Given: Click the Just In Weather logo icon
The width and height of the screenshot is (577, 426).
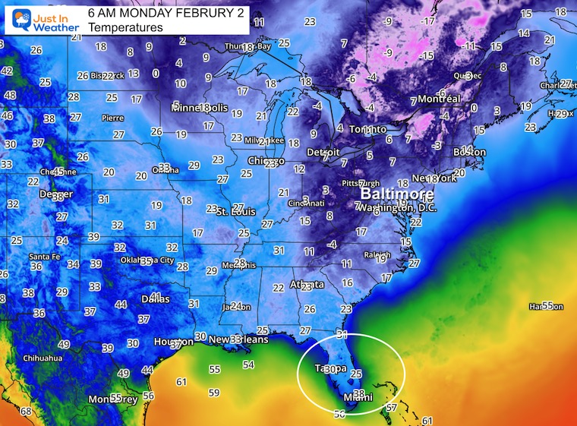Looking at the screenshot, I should [17, 19].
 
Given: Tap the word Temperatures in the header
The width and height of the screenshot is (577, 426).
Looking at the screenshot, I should [125, 28].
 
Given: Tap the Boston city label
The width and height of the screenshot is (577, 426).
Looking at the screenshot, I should [469, 153].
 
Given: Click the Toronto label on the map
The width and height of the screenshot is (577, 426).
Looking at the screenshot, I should [367, 130].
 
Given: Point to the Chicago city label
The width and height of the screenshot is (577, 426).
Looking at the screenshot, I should [266, 161].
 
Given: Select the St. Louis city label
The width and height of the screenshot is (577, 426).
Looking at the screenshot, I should [234, 210].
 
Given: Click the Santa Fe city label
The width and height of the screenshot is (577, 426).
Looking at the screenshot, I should [47, 257].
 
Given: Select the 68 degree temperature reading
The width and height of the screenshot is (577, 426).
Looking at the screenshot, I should [26, 412].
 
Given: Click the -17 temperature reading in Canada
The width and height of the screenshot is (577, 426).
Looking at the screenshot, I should [429, 21].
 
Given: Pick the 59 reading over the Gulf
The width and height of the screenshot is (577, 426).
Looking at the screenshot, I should [214, 393].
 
